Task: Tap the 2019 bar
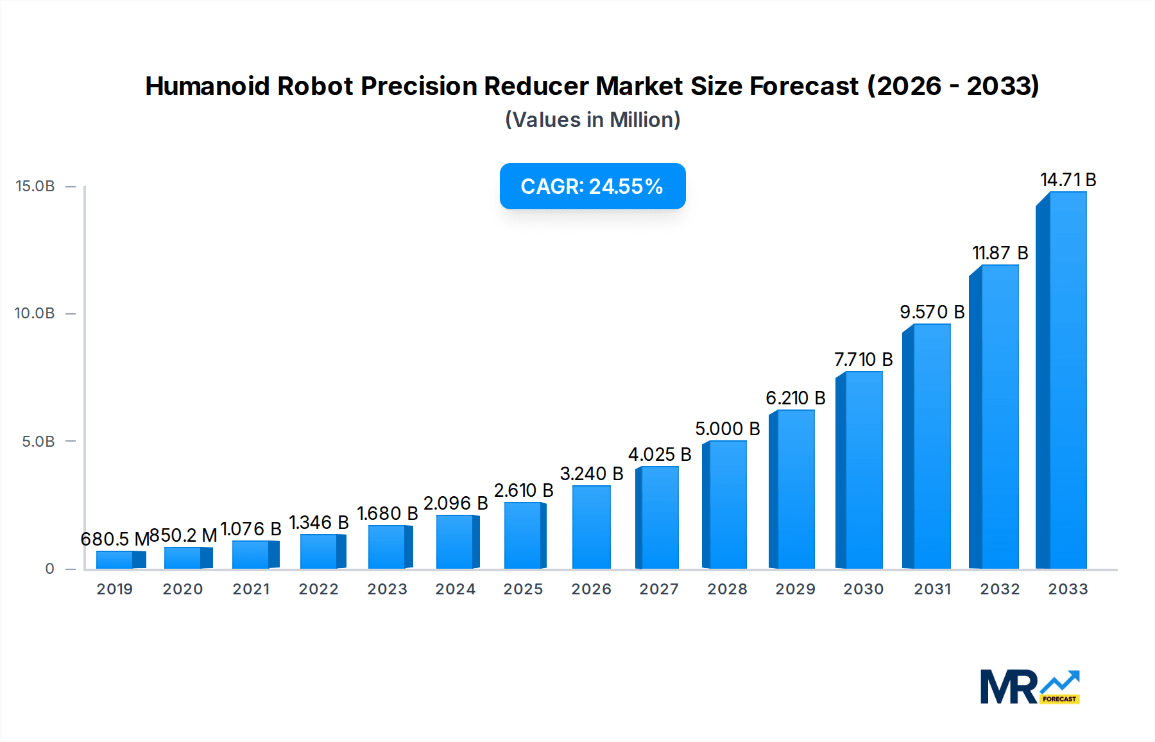pyautogui.click(x=115, y=560)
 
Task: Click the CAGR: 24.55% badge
pyautogui.click(x=592, y=186)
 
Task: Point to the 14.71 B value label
pyautogui.click(x=1068, y=180)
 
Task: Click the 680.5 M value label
pyautogui.click(x=114, y=539)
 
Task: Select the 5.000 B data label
pyautogui.click(x=727, y=429)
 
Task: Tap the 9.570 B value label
pyautogui.click(x=932, y=312)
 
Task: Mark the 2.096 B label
pyautogui.click(x=456, y=503)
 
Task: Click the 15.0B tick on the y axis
pyautogui.click(x=35, y=186)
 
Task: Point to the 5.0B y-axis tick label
pyautogui.click(x=38, y=442)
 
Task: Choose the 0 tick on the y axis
pyautogui.click(x=50, y=569)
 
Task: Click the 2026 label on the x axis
pyautogui.click(x=591, y=589)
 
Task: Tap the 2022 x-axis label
pyautogui.click(x=318, y=589)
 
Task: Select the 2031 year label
pyautogui.click(x=932, y=589)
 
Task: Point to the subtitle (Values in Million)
pyautogui.click(x=592, y=120)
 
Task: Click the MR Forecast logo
pyautogui.click(x=1029, y=687)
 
